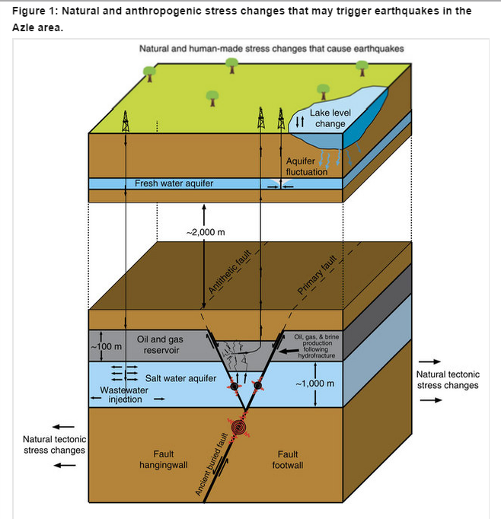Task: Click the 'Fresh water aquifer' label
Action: pyautogui.click(x=174, y=183)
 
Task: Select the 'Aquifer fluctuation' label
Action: pyautogui.click(x=306, y=167)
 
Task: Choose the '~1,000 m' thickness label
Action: pyautogui.click(x=314, y=382)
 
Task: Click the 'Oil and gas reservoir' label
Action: pyautogui.click(x=161, y=344)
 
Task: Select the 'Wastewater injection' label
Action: pyautogui.click(x=124, y=394)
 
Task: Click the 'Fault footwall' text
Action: pyautogui.click(x=288, y=459)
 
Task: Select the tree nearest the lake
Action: pyautogui.click(x=323, y=89)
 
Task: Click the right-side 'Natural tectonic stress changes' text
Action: pyautogui.click(x=448, y=379)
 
